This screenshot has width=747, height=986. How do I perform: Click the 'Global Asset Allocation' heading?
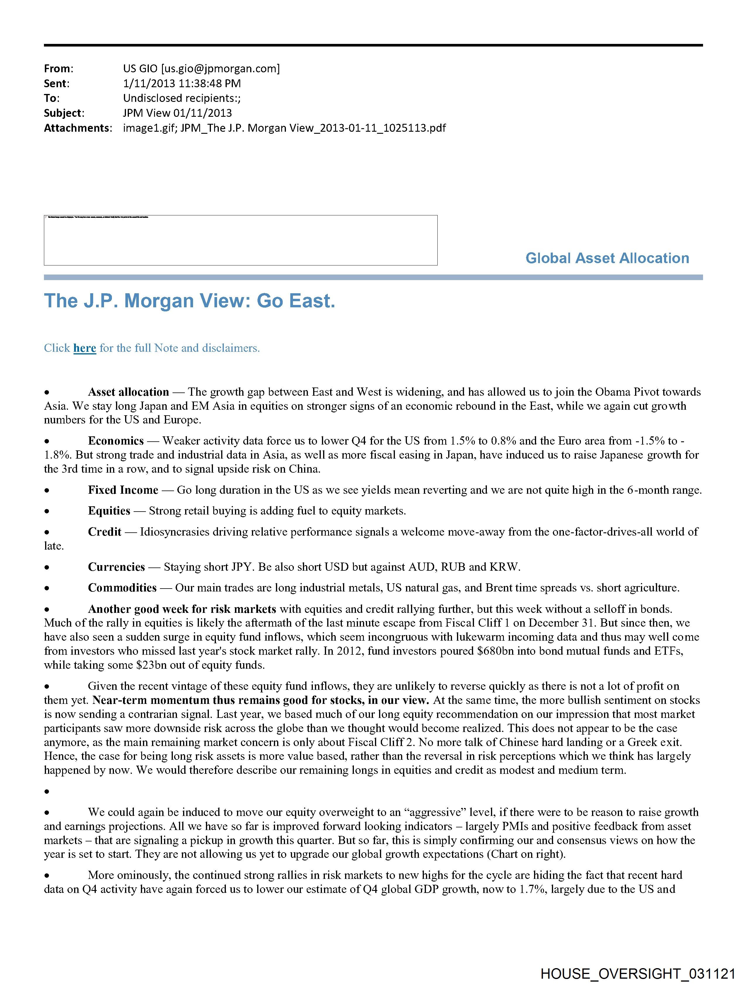click(x=607, y=258)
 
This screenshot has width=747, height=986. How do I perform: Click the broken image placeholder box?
click(x=241, y=240)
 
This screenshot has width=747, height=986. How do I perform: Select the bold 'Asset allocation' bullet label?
click(x=129, y=392)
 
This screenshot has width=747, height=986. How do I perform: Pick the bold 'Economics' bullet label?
click(x=116, y=441)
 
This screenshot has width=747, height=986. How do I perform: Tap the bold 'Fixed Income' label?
click(x=123, y=490)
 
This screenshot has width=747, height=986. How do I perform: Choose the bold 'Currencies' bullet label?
click(x=117, y=567)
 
